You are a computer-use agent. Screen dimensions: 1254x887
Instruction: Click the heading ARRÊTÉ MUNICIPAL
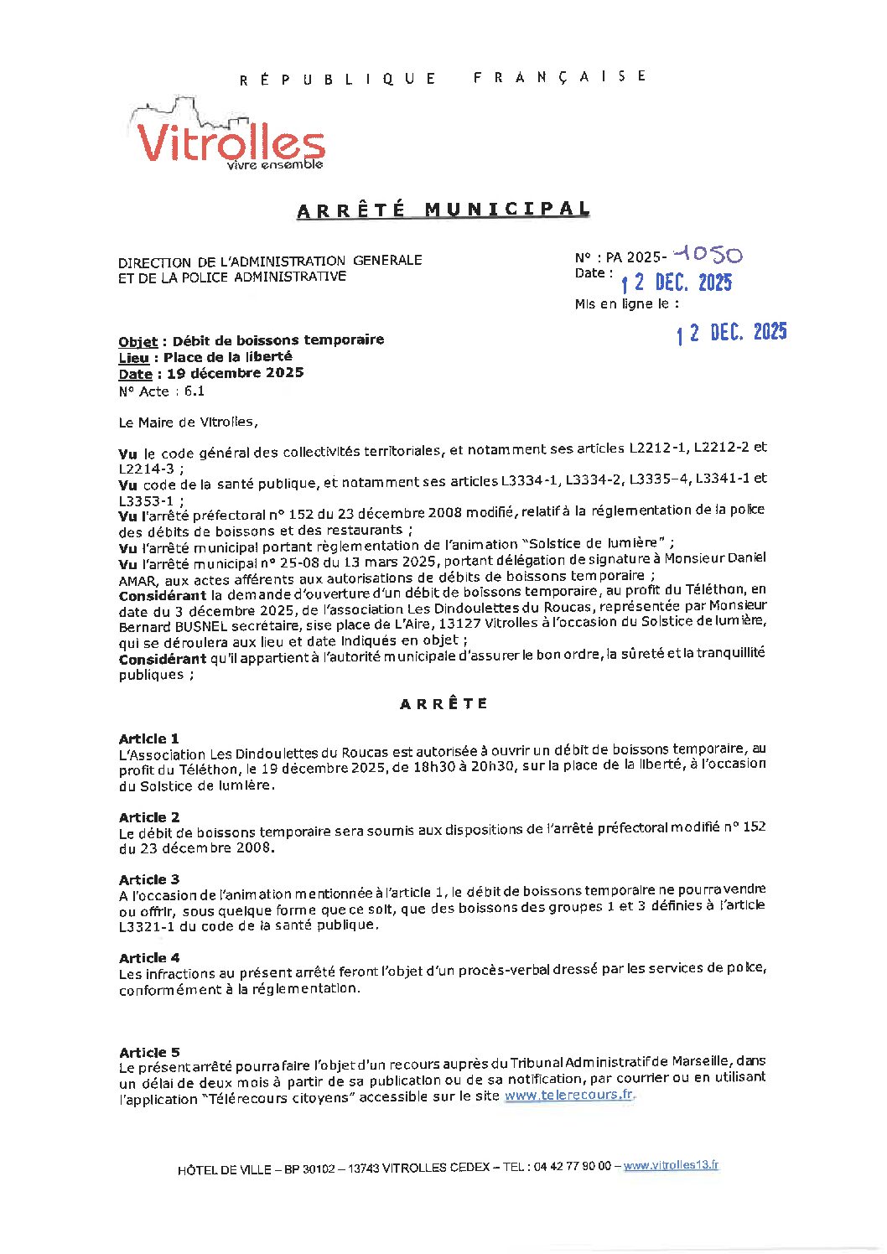pos(443,210)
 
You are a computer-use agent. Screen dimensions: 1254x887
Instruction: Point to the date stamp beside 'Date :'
pos(677,282)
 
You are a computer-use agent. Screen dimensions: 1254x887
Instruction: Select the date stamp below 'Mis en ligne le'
pos(732,333)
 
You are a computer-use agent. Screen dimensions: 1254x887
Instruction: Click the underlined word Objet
pos(137,341)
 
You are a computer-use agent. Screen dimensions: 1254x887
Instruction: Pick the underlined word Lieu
pos(133,358)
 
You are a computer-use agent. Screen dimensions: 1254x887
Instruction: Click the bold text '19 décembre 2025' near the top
pos(235,373)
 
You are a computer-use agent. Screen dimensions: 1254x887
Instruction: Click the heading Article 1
pos(148,738)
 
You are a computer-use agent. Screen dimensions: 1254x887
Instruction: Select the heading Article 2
pos(148,817)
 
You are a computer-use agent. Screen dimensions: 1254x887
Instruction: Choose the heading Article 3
pos(148,879)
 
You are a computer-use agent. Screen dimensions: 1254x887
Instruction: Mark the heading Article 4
pos(148,957)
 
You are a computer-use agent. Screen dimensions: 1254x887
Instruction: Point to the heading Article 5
pos(148,1052)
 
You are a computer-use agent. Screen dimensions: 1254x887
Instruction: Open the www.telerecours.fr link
pos(568,1095)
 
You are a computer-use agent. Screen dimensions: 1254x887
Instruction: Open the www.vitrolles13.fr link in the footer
pos(671,1165)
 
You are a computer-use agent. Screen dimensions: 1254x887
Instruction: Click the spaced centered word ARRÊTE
pos(443,704)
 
